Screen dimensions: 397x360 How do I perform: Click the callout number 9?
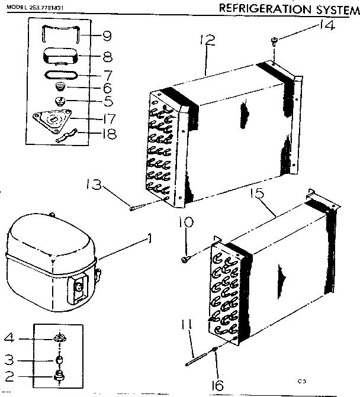[x=107, y=36]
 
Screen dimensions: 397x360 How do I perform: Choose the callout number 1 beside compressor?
[x=150, y=239]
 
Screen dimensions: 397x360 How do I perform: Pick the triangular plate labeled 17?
[x=54, y=120]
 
